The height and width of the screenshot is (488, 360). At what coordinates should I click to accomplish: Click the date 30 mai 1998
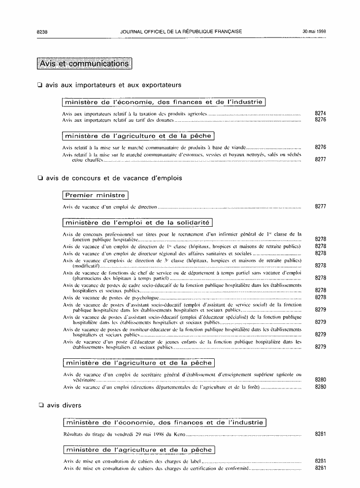pos(314,32)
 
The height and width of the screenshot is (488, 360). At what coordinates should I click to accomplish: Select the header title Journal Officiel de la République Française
pos(181,32)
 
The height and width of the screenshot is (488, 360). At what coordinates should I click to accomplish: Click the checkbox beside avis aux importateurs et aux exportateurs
pos(40,85)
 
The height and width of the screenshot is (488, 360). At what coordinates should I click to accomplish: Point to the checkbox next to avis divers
pos(41,405)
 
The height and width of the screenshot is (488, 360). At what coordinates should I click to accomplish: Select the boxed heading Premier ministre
pos(95,195)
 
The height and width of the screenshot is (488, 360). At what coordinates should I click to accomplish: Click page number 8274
pos(320,113)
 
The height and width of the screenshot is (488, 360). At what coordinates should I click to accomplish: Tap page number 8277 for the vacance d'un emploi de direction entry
pos(320,207)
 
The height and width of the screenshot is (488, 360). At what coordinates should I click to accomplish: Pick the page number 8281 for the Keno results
pos(320,434)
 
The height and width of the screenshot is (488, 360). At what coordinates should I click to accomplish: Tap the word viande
pos(235,147)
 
